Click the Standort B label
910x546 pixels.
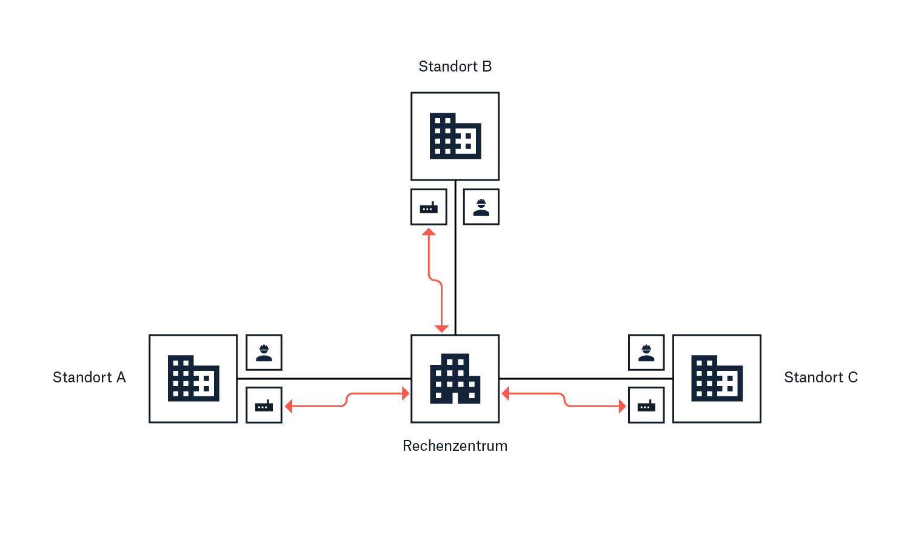(x=455, y=67)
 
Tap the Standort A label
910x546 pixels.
(x=89, y=378)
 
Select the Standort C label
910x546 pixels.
(x=821, y=378)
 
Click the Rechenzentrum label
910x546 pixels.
(x=455, y=446)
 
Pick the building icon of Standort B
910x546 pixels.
(x=455, y=136)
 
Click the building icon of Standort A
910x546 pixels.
(x=193, y=379)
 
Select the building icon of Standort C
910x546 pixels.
(x=717, y=379)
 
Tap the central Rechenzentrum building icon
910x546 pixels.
(x=455, y=379)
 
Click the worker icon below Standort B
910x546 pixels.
(x=481, y=207)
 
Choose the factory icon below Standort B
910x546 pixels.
(x=429, y=207)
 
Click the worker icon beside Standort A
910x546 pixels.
(x=264, y=353)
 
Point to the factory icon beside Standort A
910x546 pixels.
(x=264, y=405)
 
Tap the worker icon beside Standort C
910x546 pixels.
(x=646, y=353)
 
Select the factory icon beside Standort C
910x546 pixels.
(x=646, y=405)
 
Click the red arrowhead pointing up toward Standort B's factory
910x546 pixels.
(x=429, y=232)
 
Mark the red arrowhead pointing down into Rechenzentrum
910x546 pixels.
(x=442, y=328)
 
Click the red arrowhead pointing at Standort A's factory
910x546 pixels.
(x=289, y=406)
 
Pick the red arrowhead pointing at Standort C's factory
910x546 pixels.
(x=622, y=406)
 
